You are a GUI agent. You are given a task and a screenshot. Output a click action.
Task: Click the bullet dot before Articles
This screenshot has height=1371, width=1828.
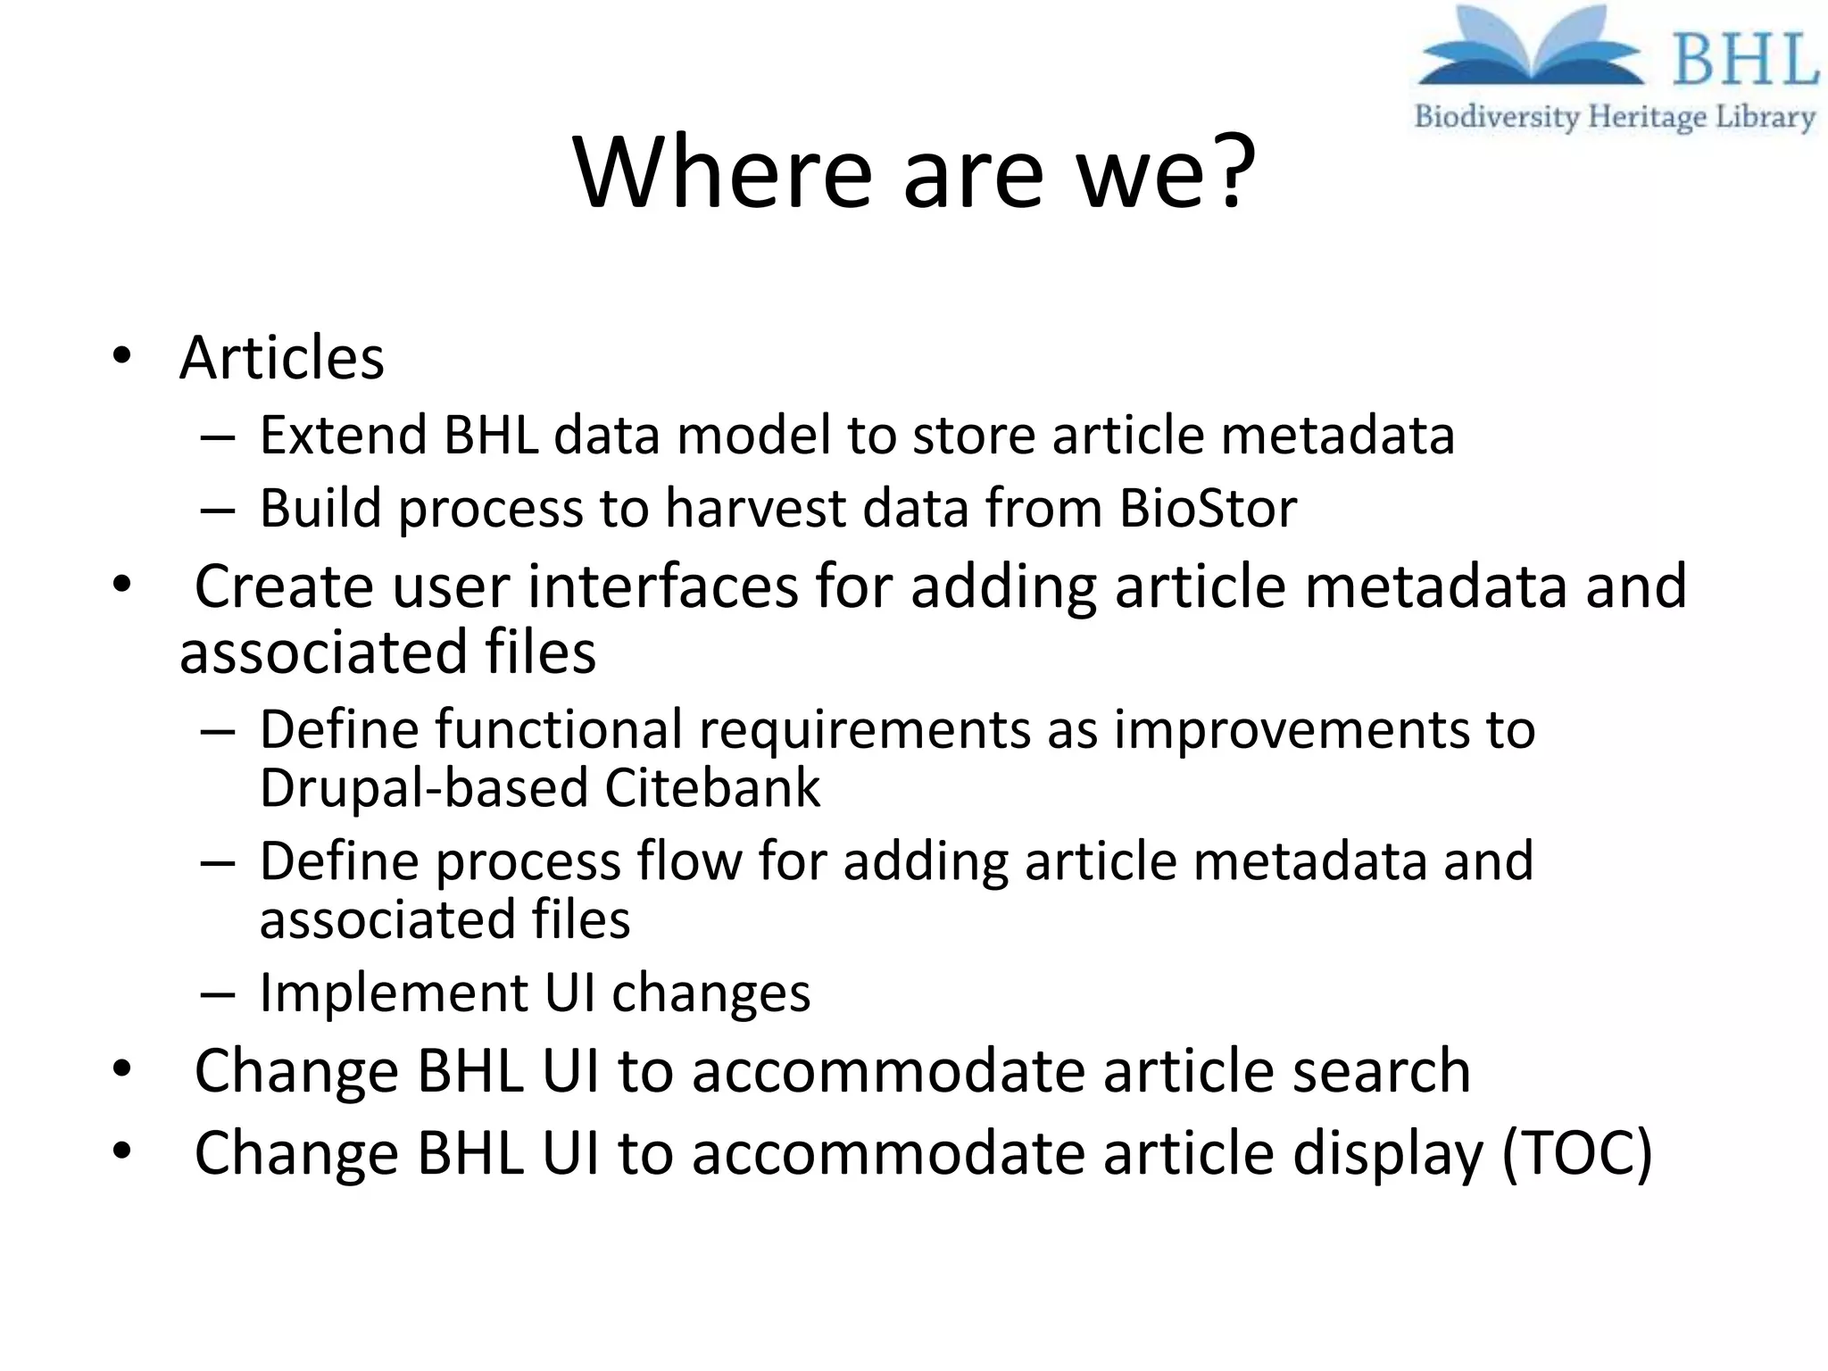click(x=122, y=357)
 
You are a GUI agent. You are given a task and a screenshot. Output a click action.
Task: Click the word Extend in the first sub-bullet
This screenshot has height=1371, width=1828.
click(x=343, y=436)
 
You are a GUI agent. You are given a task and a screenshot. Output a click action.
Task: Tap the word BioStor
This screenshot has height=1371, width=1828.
click(x=1207, y=509)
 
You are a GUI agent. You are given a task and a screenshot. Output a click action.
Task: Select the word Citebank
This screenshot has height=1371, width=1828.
click(x=711, y=788)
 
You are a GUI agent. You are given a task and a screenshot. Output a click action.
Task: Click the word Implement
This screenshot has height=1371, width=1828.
click(x=394, y=993)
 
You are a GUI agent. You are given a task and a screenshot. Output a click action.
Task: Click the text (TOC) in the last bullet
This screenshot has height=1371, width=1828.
click(x=1576, y=1153)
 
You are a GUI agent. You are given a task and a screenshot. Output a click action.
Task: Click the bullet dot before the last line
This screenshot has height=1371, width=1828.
click(x=122, y=1151)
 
